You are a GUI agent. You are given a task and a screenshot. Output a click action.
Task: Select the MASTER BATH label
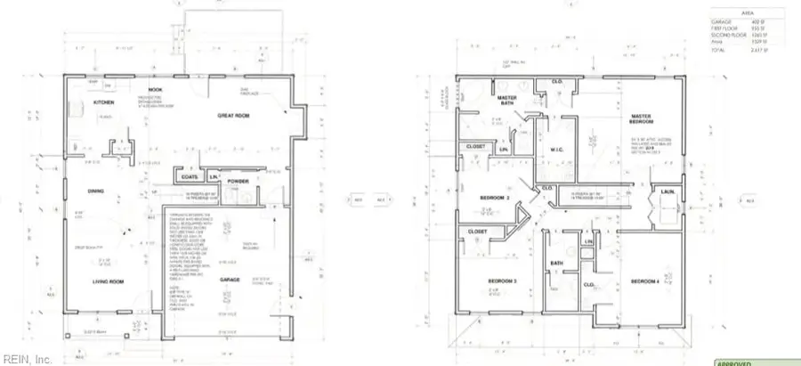click(508, 101)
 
